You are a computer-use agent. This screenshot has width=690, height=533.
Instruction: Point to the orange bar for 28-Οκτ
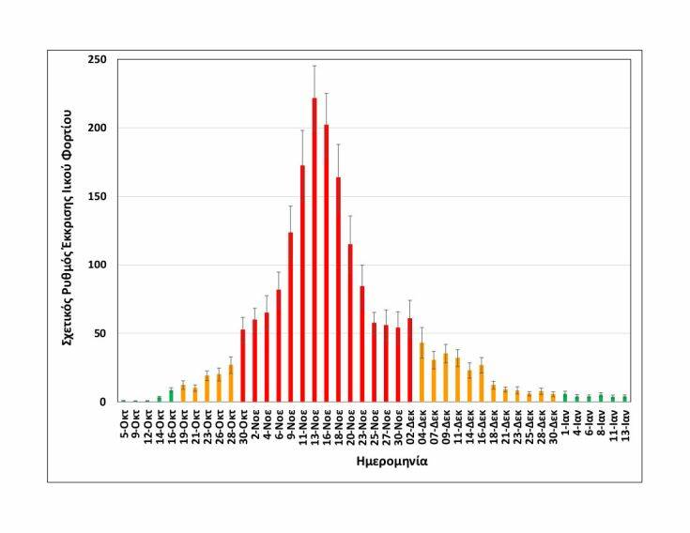coord(231,384)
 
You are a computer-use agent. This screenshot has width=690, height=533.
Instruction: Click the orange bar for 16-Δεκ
coord(483,384)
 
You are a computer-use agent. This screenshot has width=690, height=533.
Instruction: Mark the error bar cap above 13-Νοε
coord(314,66)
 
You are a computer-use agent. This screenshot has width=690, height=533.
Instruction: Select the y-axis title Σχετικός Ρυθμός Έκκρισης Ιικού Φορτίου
coord(69,231)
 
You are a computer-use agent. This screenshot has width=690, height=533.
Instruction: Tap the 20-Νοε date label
coord(351,425)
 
